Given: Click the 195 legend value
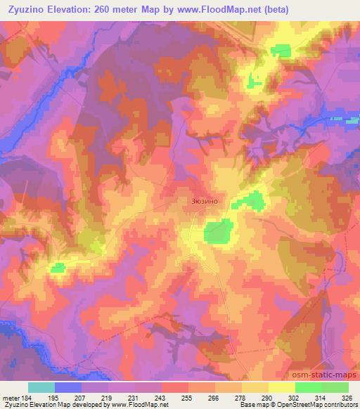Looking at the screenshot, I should (x=55, y=398).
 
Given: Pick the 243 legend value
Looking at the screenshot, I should (x=162, y=398).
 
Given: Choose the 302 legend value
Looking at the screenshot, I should (x=295, y=398).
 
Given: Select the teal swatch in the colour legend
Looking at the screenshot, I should (x=41, y=387).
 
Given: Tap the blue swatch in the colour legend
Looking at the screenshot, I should (x=68, y=387).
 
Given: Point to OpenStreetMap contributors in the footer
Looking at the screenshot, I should (x=321, y=405).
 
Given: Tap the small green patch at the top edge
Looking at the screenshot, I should (x=281, y=49).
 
